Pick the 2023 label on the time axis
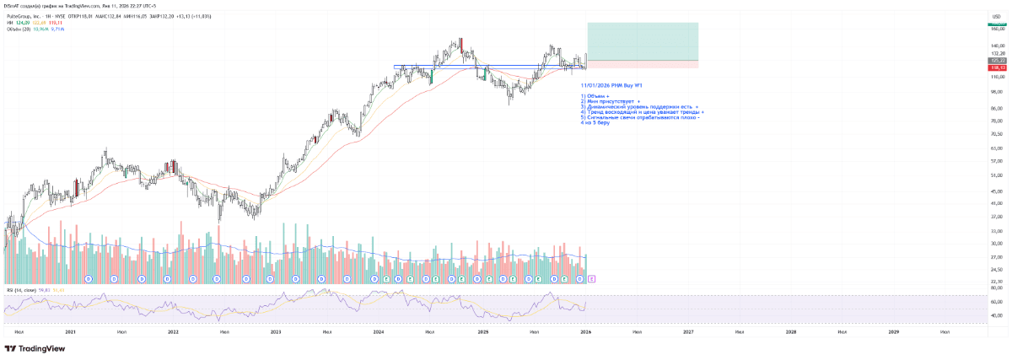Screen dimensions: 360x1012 pos(276,332)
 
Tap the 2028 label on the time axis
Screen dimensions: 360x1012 pos(790,332)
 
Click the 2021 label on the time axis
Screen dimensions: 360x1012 pos(70,332)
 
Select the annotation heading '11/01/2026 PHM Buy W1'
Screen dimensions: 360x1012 pos(612,85)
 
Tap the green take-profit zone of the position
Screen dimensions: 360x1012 pos(642,40)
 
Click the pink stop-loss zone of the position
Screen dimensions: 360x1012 pos(642,64)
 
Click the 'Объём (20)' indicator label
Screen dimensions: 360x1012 pos(18,29)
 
